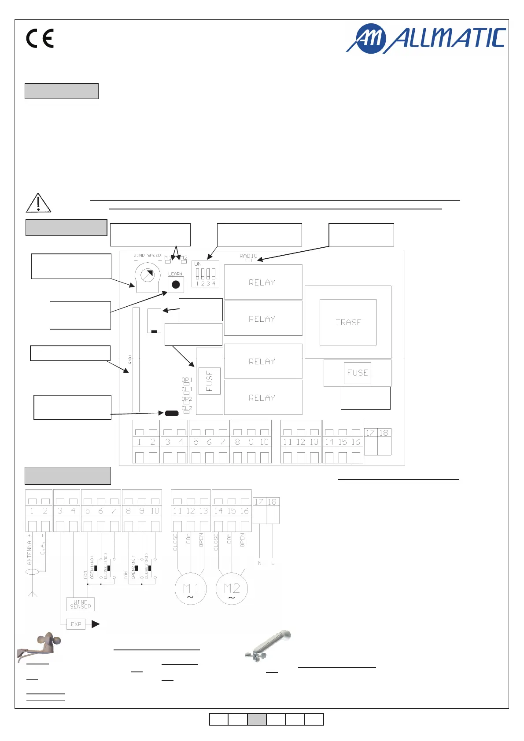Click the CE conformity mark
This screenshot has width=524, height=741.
[x=40, y=38]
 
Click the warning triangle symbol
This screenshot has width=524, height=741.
[x=38, y=203]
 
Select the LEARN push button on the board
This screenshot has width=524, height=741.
[x=176, y=284]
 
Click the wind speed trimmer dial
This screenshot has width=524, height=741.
[x=147, y=275]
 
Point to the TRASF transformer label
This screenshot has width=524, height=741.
[x=348, y=322]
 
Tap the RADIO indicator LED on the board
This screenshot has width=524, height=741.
[x=248, y=260]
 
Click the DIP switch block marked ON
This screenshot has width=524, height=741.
[x=205, y=274]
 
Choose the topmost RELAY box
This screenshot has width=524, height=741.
[x=263, y=282]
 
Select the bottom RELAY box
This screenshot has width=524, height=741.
[x=263, y=397]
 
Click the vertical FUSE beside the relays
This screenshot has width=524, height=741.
[x=210, y=381]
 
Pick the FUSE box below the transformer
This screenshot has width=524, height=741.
[x=357, y=373]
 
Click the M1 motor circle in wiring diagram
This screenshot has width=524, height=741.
[x=191, y=589]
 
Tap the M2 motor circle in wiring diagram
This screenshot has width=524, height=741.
[x=232, y=589]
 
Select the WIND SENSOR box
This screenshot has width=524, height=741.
[x=81, y=604]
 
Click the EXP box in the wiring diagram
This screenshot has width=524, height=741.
[x=76, y=624]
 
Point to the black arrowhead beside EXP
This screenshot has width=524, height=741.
[x=96, y=624]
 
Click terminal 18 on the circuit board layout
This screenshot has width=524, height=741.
[x=384, y=441]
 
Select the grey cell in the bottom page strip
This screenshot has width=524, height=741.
[x=257, y=719]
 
